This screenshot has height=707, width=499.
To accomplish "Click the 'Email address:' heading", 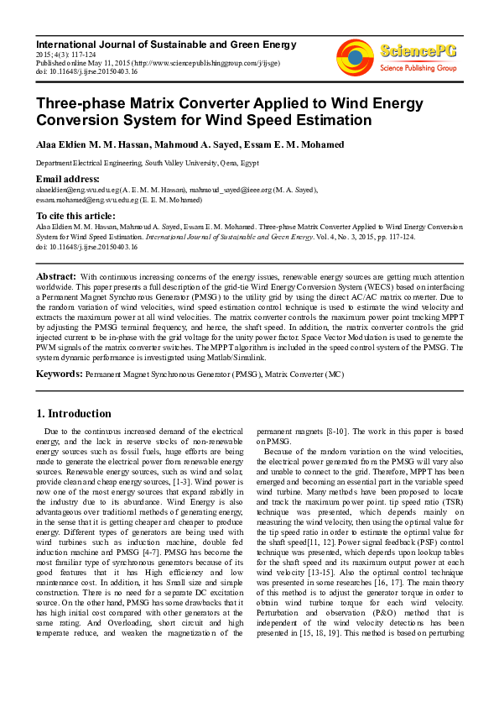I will point(67,180).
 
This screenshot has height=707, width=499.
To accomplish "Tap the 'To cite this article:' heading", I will point(76,216).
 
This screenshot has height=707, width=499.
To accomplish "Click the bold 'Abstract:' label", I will point(57,276).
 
